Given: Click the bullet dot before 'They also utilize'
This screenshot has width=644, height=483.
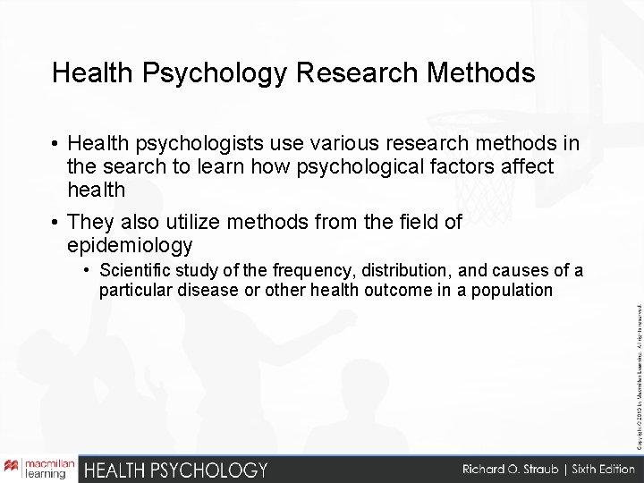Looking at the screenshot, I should (55, 222).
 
